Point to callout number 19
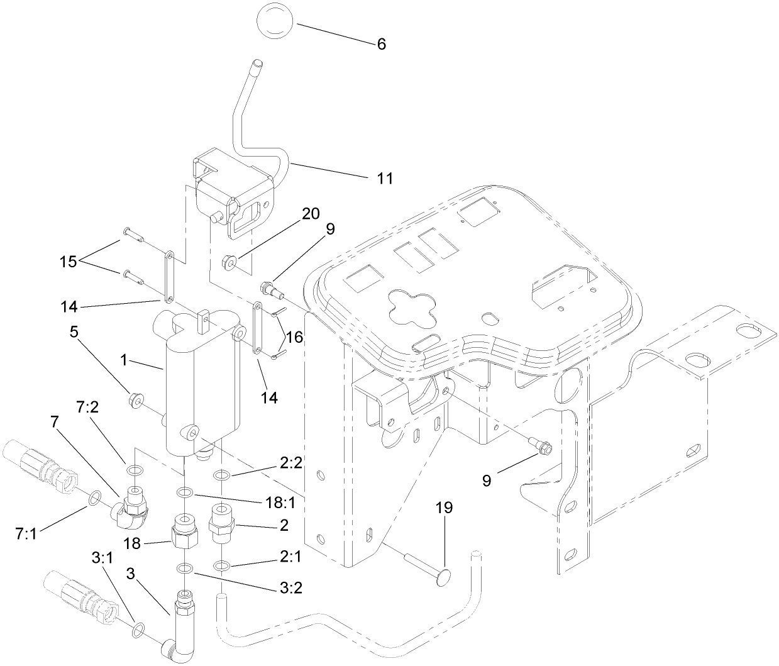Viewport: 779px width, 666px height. [444, 508]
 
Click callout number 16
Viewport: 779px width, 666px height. [294, 338]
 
